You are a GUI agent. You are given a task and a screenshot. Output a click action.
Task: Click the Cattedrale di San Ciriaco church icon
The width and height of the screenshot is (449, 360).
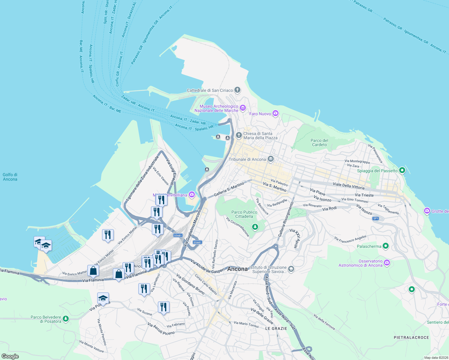click(237, 90)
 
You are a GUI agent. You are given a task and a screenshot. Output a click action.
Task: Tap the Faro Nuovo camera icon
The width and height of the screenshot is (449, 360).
click(276, 113)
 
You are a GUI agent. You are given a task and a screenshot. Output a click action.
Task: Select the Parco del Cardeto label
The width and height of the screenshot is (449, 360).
click(319, 142)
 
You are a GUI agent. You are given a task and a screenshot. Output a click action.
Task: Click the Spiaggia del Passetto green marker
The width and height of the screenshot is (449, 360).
click(402, 170)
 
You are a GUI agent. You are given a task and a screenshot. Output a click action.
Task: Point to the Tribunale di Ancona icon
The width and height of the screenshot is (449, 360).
click(271, 159)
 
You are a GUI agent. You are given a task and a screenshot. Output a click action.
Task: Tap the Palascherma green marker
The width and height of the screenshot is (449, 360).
click(386, 246)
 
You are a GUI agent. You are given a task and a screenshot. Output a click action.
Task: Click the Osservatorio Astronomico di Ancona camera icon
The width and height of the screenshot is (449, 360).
click(387, 263)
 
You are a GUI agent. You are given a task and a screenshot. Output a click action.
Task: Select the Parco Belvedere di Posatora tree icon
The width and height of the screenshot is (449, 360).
click(66, 319)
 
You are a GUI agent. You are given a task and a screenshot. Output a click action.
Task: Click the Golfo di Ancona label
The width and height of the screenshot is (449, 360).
click(10, 177)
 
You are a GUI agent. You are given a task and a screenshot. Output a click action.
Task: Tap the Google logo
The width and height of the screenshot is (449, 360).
click(10, 356)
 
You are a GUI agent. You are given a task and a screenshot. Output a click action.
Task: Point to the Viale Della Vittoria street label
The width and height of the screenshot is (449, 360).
click(348, 186)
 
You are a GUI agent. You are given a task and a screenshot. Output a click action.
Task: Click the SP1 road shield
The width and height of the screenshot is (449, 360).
click(376, 218)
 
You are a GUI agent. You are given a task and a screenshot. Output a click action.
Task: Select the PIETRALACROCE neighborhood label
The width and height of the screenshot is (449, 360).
click(411, 337)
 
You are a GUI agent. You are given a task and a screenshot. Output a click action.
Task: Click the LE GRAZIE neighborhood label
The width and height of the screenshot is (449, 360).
click(276, 328)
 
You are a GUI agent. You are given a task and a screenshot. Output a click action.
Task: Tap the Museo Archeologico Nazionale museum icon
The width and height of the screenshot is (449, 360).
click(243, 108)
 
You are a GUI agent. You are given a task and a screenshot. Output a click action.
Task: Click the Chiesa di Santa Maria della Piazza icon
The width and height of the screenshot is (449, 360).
click(239, 135)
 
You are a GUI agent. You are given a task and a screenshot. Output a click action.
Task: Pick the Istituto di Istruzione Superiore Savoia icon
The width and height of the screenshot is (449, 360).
click(291, 269)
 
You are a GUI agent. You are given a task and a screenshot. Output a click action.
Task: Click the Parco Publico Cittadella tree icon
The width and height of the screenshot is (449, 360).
click(255, 227)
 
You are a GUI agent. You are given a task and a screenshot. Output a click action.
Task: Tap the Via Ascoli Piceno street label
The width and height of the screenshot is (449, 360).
click(161, 329)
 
